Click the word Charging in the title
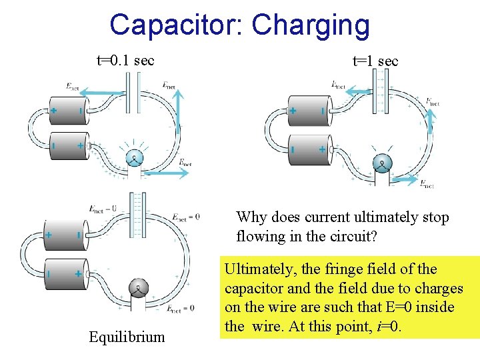point(310,25)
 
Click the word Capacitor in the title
point(174,25)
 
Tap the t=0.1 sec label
point(126,61)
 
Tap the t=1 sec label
point(375,61)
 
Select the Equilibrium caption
point(127,337)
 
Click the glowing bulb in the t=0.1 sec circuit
point(134,158)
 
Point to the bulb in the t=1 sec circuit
point(382,163)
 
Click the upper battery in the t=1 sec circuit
point(307,111)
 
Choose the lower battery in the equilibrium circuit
point(64,274)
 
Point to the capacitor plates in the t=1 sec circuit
point(382,89)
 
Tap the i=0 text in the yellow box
point(385,327)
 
